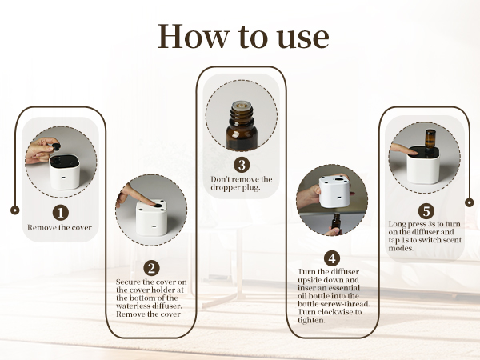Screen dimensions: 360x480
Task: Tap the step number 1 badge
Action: click(61, 212)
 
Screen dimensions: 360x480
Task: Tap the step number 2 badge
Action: click(151, 270)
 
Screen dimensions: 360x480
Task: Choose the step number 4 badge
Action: click(331, 258)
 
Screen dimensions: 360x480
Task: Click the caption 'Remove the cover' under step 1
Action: click(61, 228)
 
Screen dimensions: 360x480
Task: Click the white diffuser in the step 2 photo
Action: click(154, 216)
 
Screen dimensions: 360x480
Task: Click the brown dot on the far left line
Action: click(14, 210)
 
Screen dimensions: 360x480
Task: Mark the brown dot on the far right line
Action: click(468, 202)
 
